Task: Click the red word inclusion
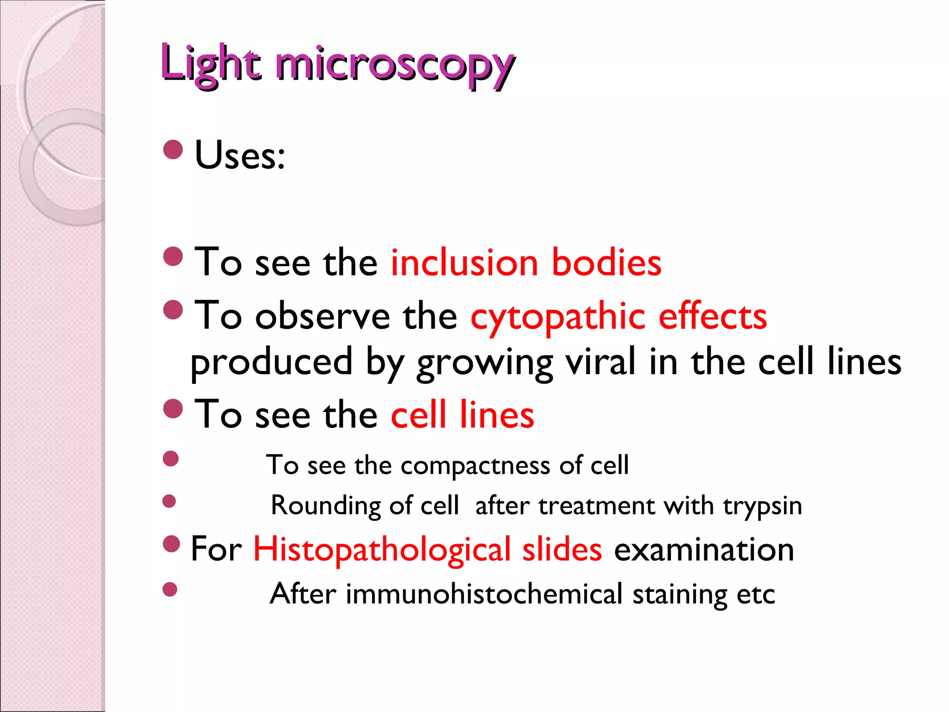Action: pos(464,263)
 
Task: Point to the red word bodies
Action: pos(606,263)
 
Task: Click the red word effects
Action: pos(713,317)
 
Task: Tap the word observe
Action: pos(323,317)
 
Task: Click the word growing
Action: pos(485,364)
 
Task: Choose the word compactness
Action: pos(475,465)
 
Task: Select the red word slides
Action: pos(562,550)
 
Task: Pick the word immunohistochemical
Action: pos(484,594)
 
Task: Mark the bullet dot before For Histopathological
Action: pos(171,544)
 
